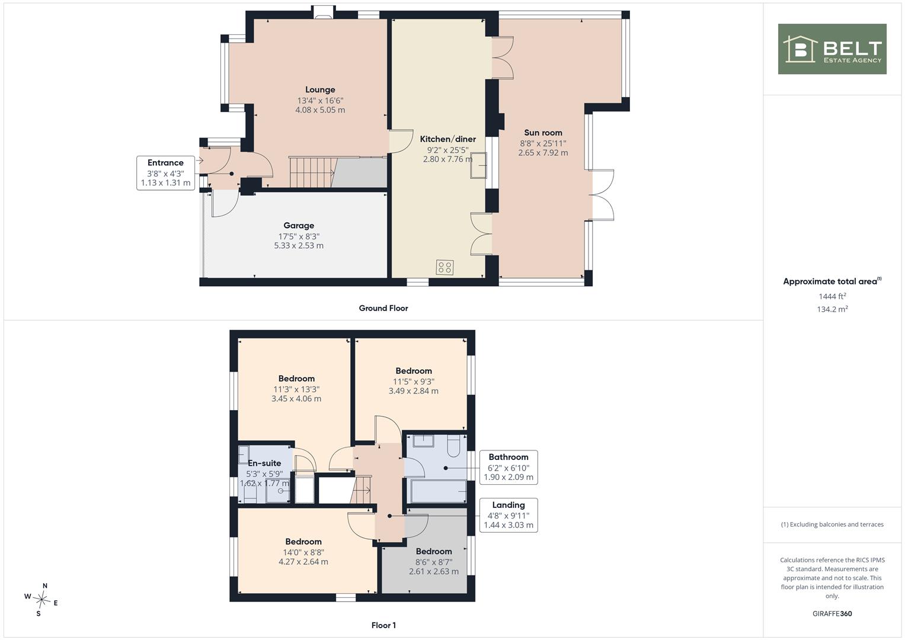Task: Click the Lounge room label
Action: coord(320,89)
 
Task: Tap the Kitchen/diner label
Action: coord(447,139)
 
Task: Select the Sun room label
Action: coord(543,133)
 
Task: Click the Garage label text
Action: coord(299,225)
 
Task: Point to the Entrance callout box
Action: coord(165,173)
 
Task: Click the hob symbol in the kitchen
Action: coord(445,267)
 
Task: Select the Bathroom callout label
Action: coord(509,457)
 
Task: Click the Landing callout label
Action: coord(509,505)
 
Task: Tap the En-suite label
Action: coord(264,463)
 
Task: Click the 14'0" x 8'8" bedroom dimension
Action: coord(303,552)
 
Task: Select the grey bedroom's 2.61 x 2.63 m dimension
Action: coord(433,571)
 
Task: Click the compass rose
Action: coord(41,600)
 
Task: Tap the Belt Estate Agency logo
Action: coord(832,49)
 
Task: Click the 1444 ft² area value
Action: coord(832,296)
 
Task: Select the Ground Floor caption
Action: coord(383,308)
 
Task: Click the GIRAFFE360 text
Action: coord(832,613)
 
